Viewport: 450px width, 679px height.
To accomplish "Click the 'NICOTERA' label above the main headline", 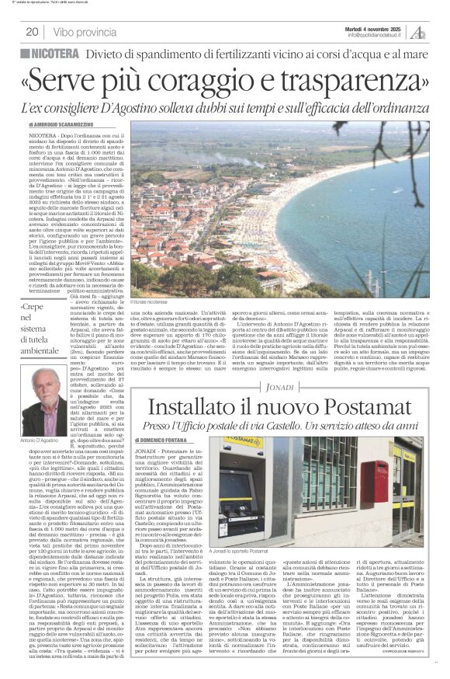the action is tap(61, 53).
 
